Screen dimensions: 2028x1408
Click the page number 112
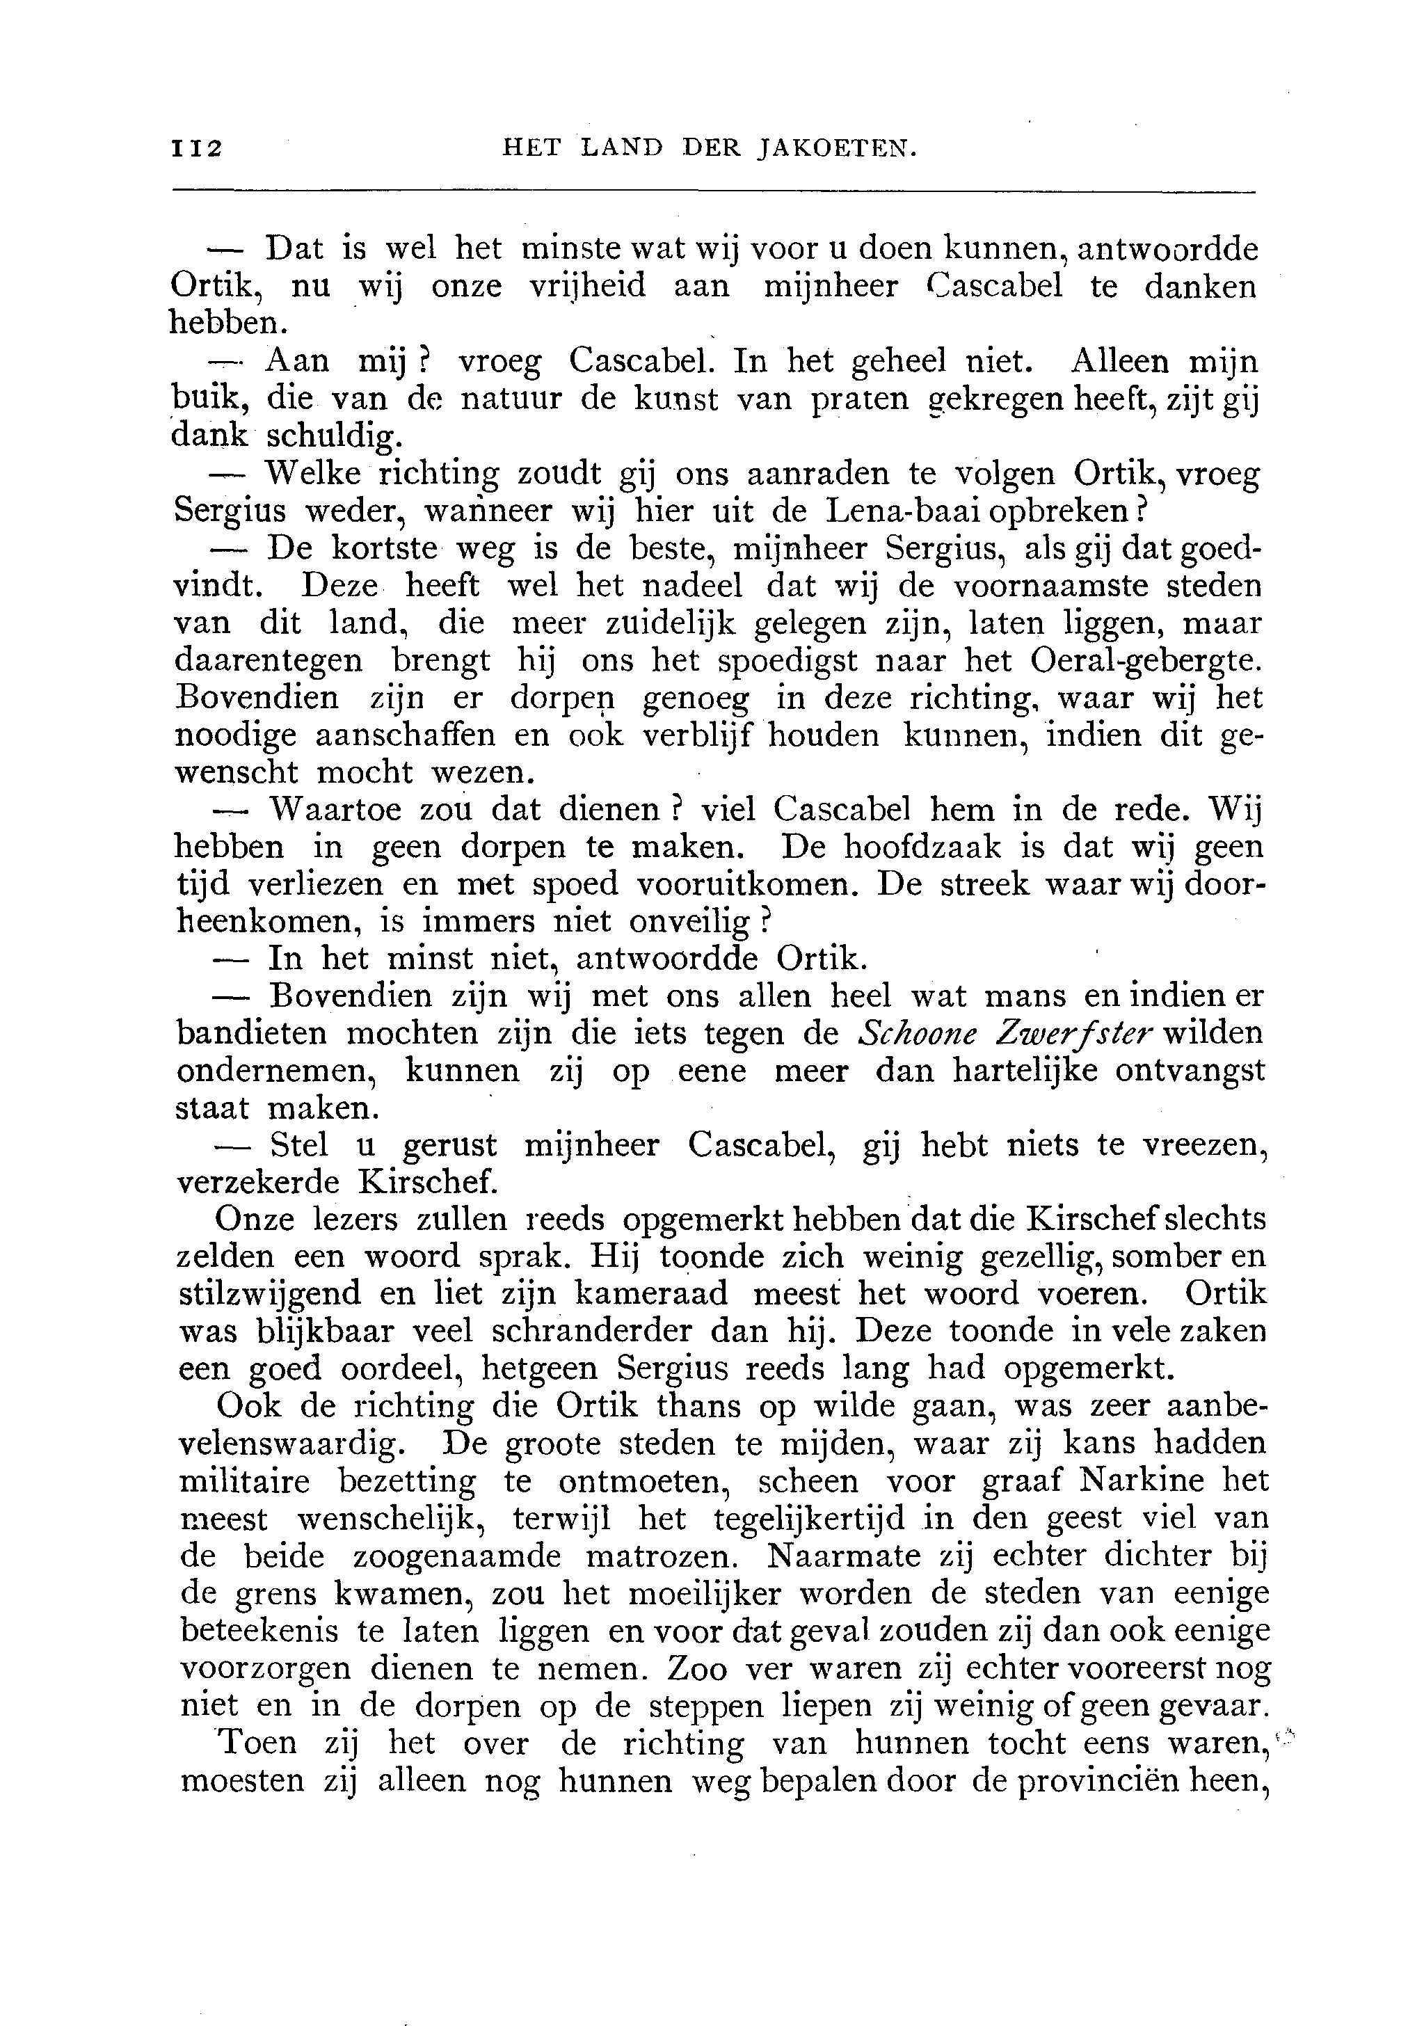(x=197, y=148)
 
